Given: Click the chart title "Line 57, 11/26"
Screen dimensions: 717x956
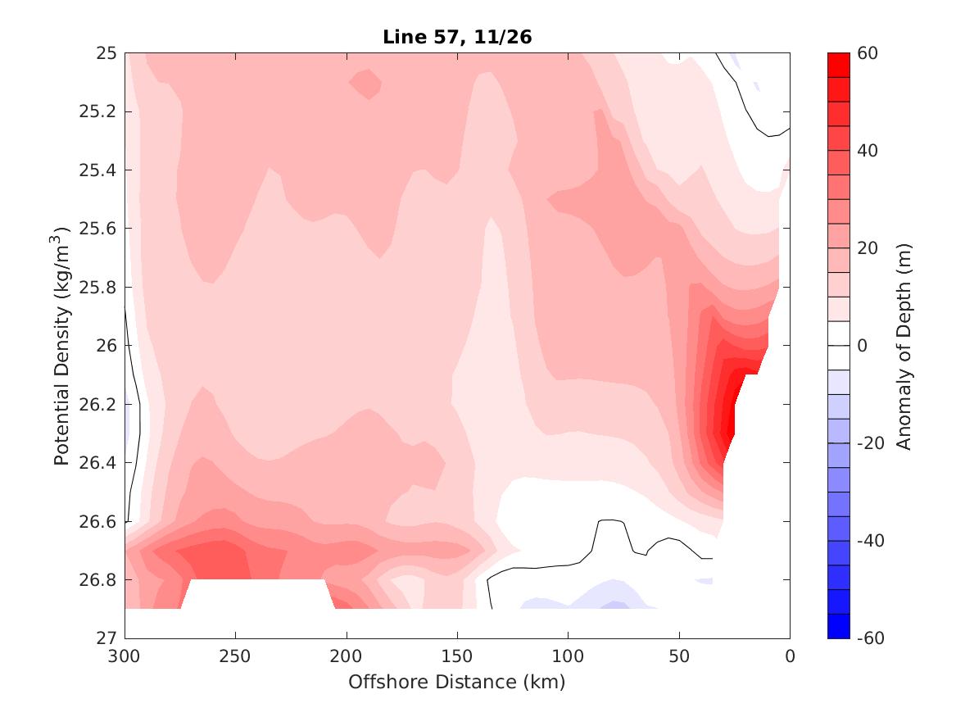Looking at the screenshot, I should pyautogui.click(x=457, y=38).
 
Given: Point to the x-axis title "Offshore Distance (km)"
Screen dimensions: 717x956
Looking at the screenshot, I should pyautogui.click(x=457, y=682).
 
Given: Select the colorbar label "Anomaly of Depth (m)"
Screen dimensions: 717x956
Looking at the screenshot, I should pyautogui.click(x=904, y=345).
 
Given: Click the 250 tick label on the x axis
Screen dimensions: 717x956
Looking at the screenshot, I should pyautogui.click(x=236, y=656).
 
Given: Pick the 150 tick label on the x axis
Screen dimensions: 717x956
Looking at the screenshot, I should pyautogui.click(x=457, y=656).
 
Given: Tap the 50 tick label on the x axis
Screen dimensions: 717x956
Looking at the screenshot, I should pyautogui.click(x=679, y=656).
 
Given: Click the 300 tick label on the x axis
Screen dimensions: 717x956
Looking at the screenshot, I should pyautogui.click(x=125, y=656).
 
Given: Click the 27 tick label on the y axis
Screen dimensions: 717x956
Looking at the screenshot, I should pyautogui.click(x=107, y=638).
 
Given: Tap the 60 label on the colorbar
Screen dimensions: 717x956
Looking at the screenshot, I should pyautogui.click(x=868, y=54).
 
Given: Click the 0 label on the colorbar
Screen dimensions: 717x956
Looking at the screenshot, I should pyautogui.click(x=863, y=346).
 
